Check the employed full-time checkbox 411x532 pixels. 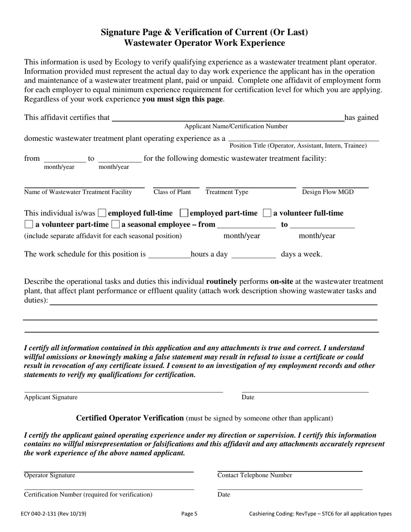[102, 213]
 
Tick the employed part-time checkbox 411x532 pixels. [183, 213]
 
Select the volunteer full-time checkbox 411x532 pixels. [267, 213]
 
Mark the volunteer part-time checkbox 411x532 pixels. [28, 224]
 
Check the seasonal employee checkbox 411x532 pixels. [116, 224]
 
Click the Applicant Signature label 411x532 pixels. [51, 397]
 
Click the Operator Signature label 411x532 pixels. [49, 475]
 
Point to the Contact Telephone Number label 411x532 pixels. [254, 475]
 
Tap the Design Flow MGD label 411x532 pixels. [328, 192]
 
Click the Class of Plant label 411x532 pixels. [172, 192]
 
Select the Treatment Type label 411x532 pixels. [227, 192]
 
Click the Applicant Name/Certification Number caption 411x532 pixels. [236, 126]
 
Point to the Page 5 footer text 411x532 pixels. [189, 514]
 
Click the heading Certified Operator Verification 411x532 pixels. [130, 418]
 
